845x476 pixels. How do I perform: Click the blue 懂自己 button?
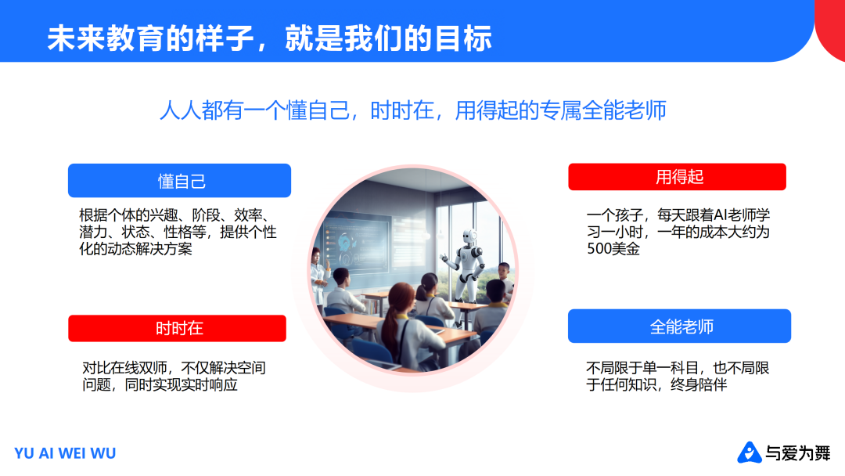click(x=179, y=181)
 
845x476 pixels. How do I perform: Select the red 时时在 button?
click(x=178, y=328)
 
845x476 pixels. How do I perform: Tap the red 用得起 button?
click(x=678, y=177)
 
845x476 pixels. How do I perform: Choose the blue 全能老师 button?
click(x=680, y=326)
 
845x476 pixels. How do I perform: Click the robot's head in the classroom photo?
click(x=469, y=236)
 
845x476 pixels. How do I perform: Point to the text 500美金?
click(x=613, y=249)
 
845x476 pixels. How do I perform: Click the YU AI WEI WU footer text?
click(x=65, y=453)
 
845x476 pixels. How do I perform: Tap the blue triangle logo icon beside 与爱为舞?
click(x=749, y=453)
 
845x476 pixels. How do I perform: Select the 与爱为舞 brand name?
click(x=798, y=453)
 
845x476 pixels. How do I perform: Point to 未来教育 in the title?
click(x=106, y=38)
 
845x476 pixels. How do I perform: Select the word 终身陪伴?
click(x=699, y=385)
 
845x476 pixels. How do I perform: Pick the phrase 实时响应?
click(x=210, y=385)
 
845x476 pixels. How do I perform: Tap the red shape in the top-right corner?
click(x=830, y=31)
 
